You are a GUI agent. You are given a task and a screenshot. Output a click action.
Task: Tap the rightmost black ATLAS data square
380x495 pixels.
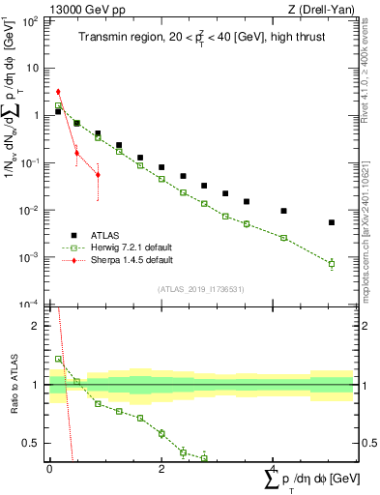331,222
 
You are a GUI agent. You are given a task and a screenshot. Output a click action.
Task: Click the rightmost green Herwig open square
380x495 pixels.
331,263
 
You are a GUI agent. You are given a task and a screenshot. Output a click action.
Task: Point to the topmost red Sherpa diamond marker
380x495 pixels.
58,92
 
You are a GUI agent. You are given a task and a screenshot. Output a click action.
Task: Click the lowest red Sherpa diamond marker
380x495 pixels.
98,175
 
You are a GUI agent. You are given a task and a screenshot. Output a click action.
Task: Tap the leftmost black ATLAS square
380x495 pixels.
58,111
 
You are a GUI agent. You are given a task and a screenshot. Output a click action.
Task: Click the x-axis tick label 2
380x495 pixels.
161,468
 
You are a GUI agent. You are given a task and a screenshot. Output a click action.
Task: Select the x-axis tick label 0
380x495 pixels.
49,468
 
